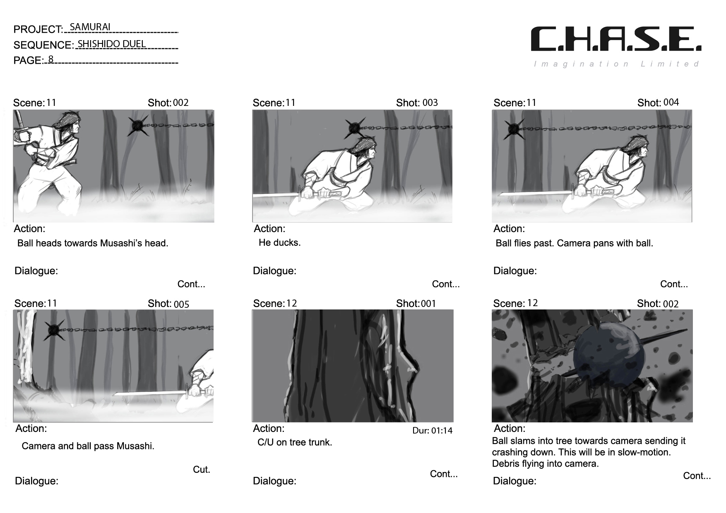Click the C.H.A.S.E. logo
[616, 39]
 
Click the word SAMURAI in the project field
[90, 27]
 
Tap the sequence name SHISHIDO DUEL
[112, 44]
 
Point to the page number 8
[51, 59]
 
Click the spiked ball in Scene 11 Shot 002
[138, 125]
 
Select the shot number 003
[430, 103]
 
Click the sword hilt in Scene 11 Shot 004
[596, 192]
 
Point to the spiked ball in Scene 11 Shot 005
[54, 329]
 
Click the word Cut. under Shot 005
[202, 470]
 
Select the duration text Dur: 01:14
[433, 431]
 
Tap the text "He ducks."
[280, 242]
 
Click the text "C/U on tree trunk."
[295, 442]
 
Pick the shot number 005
[181, 304]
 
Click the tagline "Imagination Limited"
[617, 64]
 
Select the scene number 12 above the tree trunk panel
[291, 304]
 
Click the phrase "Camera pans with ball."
[605, 243]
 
